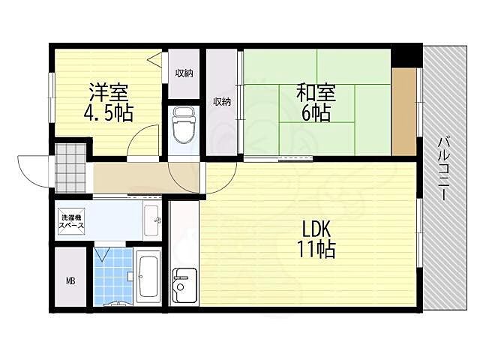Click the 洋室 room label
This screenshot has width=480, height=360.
pyautogui.click(x=108, y=92)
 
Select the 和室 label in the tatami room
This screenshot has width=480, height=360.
pyautogui.click(x=316, y=92)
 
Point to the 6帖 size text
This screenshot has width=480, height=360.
pyautogui.click(x=316, y=112)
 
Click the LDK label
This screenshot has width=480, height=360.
pyautogui.click(x=316, y=229)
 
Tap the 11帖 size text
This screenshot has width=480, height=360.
pyautogui.click(x=316, y=249)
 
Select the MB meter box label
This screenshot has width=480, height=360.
pyautogui.click(x=70, y=280)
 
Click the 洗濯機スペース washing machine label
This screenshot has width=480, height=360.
pyautogui.click(x=71, y=222)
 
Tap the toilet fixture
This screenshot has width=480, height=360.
pyautogui.click(x=184, y=125)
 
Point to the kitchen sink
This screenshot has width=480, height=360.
pyautogui.click(x=184, y=285)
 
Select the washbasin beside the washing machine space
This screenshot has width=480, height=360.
pyautogui.click(x=151, y=220)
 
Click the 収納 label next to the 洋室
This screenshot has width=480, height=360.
pyautogui.click(x=184, y=73)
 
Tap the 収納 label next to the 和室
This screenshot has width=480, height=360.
pyautogui.click(x=222, y=102)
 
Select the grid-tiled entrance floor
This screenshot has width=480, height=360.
pyautogui.click(x=70, y=168)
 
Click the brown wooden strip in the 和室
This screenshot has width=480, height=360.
pyautogui.click(x=404, y=112)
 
